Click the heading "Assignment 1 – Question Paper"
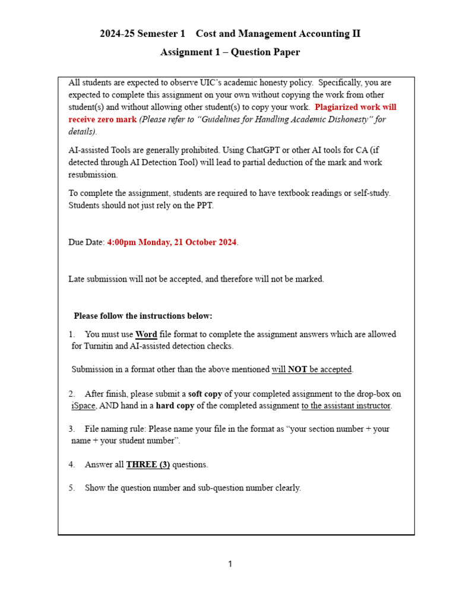(230, 52)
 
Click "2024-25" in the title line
(116, 34)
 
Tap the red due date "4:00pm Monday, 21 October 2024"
(172, 242)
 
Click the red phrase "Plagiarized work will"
(355, 107)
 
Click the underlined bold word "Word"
(146, 334)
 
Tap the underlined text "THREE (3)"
(148, 464)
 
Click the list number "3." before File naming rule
(71, 429)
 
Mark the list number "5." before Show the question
(71, 488)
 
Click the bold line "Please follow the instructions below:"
(142, 316)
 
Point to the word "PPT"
(221, 205)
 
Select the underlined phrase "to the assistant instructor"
(347, 406)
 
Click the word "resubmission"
(93, 175)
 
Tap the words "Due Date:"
(87, 242)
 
